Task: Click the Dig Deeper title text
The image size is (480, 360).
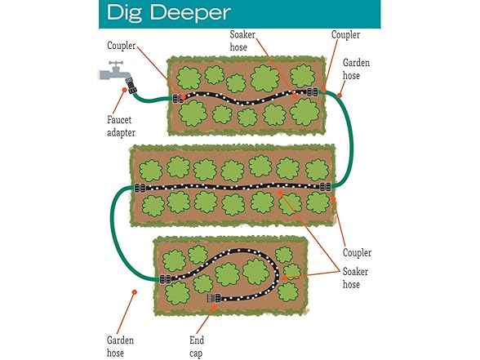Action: click(169, 13)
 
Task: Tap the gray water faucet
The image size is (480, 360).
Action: click(114, 72)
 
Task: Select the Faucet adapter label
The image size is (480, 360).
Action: click(121, 126)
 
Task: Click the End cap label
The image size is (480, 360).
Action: click(197, 346)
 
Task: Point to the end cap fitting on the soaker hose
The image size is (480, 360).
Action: click(214, 298)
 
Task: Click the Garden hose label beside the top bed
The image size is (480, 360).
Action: click(356, 69)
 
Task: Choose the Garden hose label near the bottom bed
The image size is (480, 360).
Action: click(120, 346)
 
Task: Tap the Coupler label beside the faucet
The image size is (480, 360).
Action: click(121, 46)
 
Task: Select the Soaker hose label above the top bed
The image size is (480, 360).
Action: click(242, 41)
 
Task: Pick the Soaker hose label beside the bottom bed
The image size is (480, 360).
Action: click(355, 278)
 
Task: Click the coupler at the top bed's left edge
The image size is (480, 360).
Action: click(178, 99)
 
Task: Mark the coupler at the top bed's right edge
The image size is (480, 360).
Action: click(313, 91)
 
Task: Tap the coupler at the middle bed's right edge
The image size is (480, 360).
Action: click(326, 186)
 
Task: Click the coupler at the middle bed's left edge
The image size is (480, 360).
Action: click(140, 188)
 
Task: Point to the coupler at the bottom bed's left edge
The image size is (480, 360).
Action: click(165, 279)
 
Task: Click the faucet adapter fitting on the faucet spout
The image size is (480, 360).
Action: click(131, 85)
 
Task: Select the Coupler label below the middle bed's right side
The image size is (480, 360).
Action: click(357, 252)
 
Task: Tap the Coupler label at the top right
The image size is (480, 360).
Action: click(345, 34)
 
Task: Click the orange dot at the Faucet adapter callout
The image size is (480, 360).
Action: click(124, 90)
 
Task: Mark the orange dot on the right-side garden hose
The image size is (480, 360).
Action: click(340, 96)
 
